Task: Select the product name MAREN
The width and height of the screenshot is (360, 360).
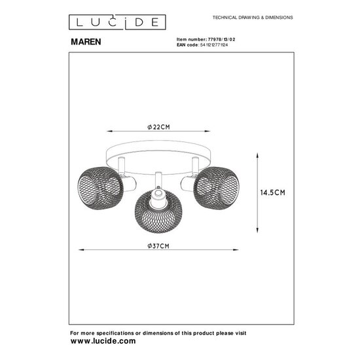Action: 86,39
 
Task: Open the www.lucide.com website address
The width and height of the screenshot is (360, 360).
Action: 103,342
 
